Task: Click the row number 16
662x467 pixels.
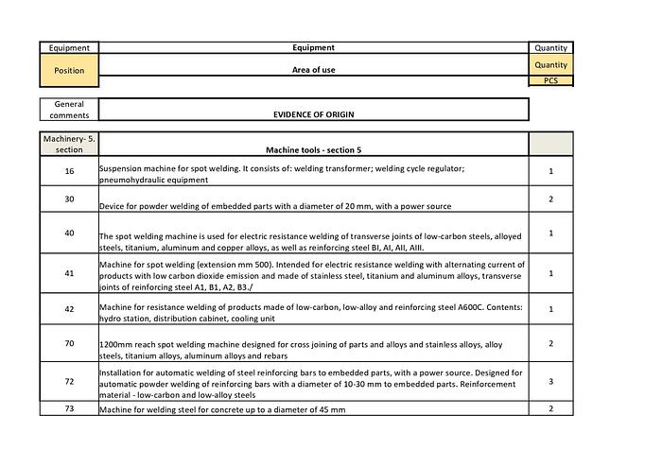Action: pyautogui.click(x=69, y=171)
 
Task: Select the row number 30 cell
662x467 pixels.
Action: pyautogui.click(x=69, y=199)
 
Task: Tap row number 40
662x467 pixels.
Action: pyautogui.click(x=69, y=233)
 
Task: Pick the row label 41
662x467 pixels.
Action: pyautogui.click(x=69, y=273)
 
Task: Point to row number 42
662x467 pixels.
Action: pyautogui.click(x=69, y=308)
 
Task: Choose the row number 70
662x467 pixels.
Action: pyautogui.click(x=69, y=343)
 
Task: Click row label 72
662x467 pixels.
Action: pyautogui.click(x=69, y=382)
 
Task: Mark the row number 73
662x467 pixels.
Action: pyautogui.click(x=69, y=408)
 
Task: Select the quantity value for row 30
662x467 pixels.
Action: pyautogui.click(x=550, y=199)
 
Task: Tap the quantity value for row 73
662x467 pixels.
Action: pyautogui.click(x=550, y=408)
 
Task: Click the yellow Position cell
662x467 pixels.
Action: pyautogui.click(x=69, y=70)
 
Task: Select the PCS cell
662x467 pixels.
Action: pyautogui.click(x=550, y=81)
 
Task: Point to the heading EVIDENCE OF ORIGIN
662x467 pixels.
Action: pyautogui.click(x=313, y=113)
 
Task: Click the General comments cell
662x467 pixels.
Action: pyautogui.click(x=69, y=110)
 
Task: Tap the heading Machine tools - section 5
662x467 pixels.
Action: pyautogui.click(x=313, y=149)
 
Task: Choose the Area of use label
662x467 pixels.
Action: pyautogui.click(x=313, y=70)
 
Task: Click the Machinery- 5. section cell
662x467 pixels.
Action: pyautogui.click(x=69, y=144)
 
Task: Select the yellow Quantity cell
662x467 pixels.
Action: pyautogui.click(x=550, y=65)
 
